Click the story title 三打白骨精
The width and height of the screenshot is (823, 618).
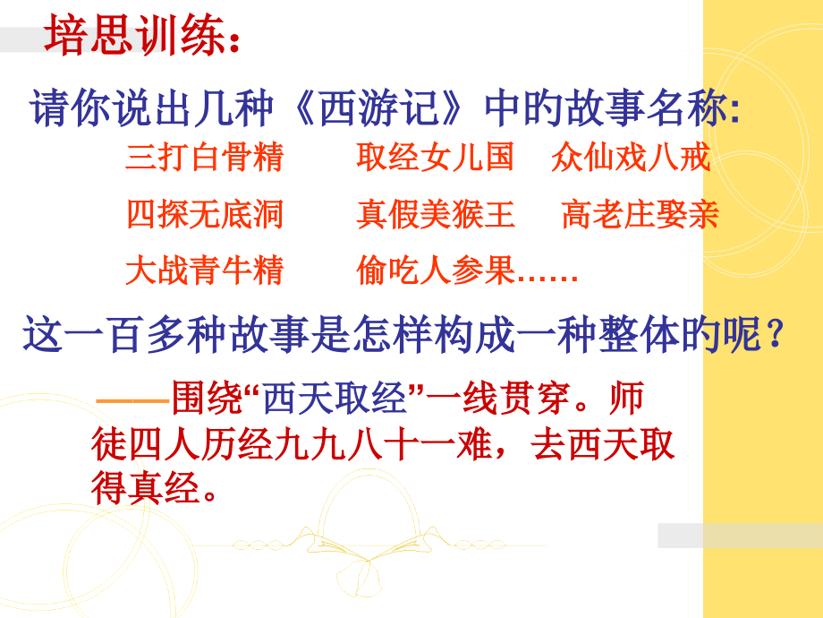pyautogui.click(x=204, y=158)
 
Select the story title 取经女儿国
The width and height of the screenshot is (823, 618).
pyautogui.click(x=435, y=158)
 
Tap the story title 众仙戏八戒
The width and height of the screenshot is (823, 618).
pyautogui.click(x=631, y=158)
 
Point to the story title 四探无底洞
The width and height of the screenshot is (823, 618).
pyautogui.click(x=204, y=214)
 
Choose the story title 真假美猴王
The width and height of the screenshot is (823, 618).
pyautogui.click(x=435, y=214)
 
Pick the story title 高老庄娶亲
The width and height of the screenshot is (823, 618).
pyautogui.click(x=640, y=214)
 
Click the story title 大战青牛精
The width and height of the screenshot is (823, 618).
pyautogui.click(x=204, y=270)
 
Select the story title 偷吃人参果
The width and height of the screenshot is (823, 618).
pyautogui.click(x=435, y=270)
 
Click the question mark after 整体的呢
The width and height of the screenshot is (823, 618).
pyautogui.click(x=775, y=339)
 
